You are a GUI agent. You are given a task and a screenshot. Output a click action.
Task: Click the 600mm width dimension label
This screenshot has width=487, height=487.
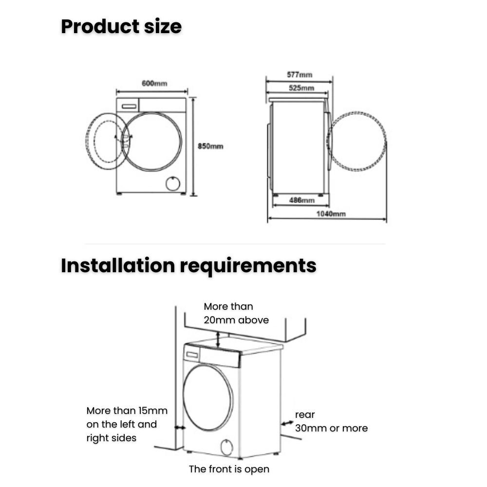[x=154, y=83]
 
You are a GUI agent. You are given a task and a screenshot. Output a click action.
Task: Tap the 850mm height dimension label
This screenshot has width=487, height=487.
[x=210, y=146]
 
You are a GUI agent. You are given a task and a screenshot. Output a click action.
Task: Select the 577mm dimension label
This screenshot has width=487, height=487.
[x=300, y=75]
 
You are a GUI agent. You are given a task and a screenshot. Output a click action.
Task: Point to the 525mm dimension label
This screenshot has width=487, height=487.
[x=301, y=88]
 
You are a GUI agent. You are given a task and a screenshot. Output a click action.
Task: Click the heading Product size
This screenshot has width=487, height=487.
[x=121, y=26]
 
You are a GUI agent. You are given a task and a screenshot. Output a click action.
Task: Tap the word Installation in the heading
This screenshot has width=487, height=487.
[x=117, y=266]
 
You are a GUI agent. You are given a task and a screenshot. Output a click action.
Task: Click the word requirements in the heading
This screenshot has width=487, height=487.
[x=248, y=266]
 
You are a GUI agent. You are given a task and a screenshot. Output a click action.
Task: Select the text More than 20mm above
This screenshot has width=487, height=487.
[x=236, y=313]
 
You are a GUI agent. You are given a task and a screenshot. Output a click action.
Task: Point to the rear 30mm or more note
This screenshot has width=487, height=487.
[x=331, y=422]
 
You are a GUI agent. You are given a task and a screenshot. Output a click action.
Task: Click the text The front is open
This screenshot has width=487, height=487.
[x=229, y=469]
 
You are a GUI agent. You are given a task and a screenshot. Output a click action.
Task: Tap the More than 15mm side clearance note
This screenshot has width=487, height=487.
[x=127, y=424]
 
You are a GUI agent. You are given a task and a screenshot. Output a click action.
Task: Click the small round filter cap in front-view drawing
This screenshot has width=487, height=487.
[x=172, y=184]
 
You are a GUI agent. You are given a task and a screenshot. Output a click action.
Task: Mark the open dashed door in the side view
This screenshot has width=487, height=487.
[x=357, y=141]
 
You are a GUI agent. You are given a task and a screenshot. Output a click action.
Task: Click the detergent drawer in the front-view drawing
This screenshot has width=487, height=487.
[x=129, y=106]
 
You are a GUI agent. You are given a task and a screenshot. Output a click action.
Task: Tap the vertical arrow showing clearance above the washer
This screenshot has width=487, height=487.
[x=218, y=339]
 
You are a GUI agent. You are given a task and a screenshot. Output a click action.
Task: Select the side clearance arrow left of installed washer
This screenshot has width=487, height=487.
[x=179, y=427]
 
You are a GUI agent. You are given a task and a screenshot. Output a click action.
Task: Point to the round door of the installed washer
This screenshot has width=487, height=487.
[x=208, y=397]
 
